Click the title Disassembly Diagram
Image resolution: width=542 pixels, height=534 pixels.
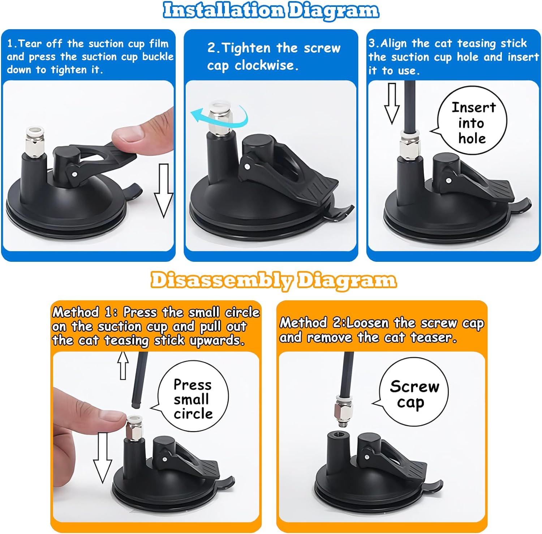[274, 281]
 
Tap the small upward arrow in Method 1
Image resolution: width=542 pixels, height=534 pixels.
[123, 366]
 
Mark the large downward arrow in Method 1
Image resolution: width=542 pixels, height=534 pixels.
[103, 458]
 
